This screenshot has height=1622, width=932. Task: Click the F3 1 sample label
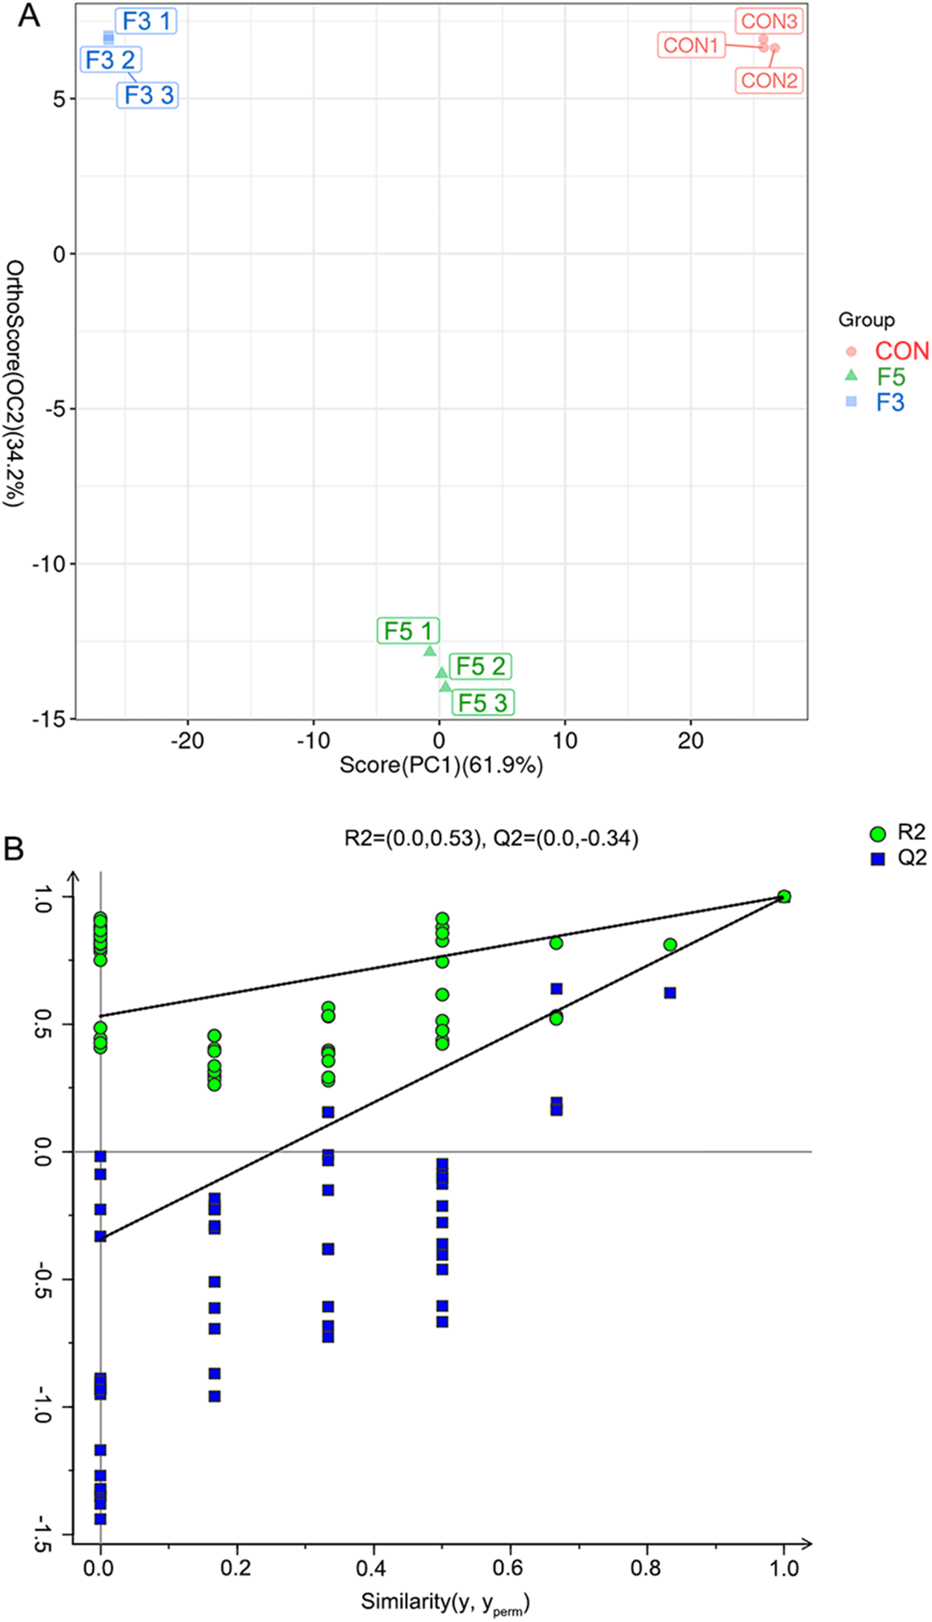[x=146, y=22]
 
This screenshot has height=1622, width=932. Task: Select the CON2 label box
[x=769, y=81]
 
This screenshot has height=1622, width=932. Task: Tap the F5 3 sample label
[x=482, y=702]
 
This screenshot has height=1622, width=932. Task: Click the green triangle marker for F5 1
[x=429, y=651]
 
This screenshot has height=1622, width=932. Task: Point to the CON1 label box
[x=690, y=45]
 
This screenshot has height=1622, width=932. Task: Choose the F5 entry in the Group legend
[x=890, y=376]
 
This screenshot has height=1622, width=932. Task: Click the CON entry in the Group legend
[x=901, y=351]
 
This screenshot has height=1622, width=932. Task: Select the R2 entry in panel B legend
[x=910, y=833]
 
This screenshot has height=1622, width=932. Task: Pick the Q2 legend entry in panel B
[x=911, y=858]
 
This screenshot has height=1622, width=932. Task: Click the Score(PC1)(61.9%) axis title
[x=441, y=765]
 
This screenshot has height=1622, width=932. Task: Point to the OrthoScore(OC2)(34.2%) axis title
[x=15, y=383]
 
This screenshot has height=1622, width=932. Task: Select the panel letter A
[x=28, y=15]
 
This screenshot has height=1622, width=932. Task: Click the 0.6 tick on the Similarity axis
[x=508, y=1568]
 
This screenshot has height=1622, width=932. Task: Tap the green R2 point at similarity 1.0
[x=784, y=896]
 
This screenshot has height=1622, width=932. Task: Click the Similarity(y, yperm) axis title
[x=445, y=1602]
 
